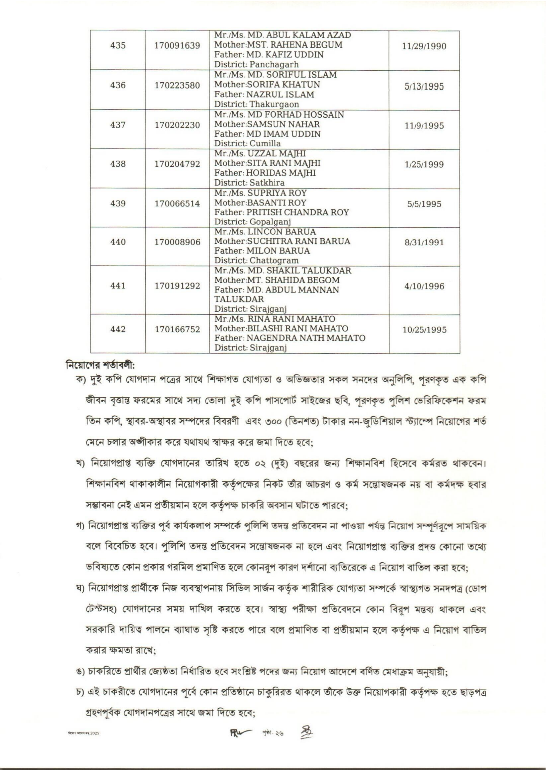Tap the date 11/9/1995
click(425, 126)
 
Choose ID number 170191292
click(177, 286)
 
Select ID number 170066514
click(177, 204)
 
